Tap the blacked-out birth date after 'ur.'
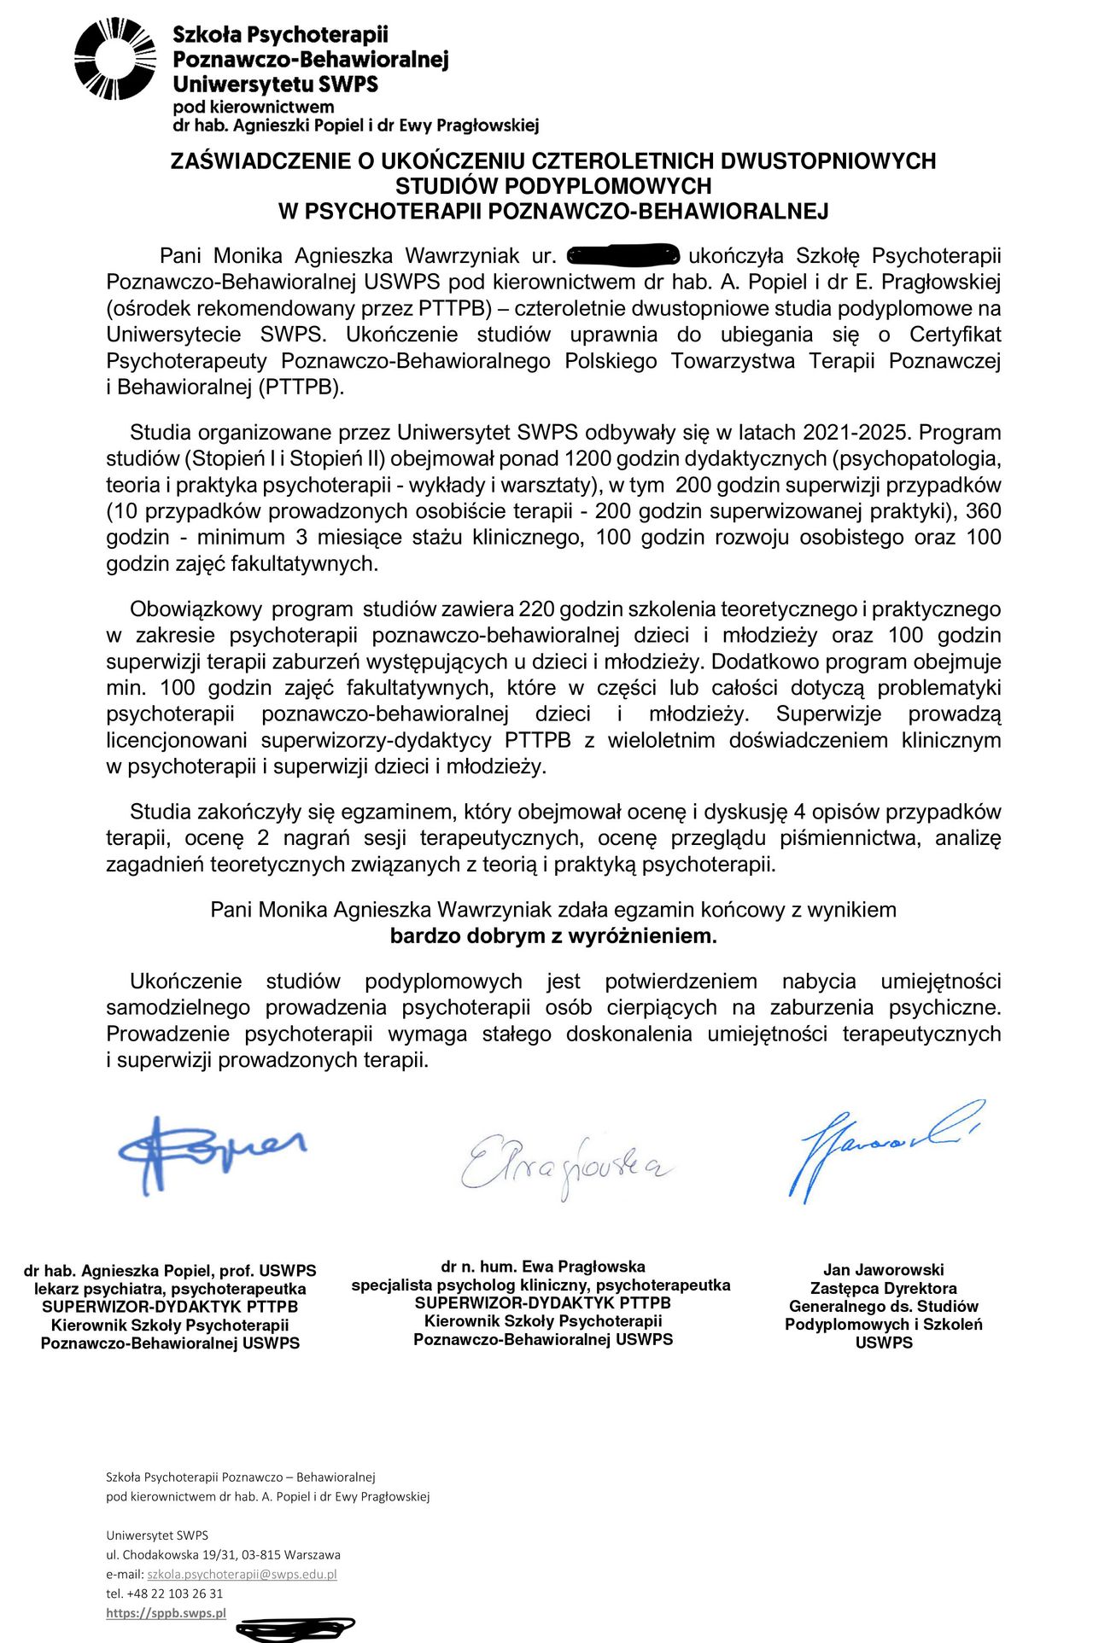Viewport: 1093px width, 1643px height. click(x=622, y=255)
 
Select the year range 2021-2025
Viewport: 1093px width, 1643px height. click(x=856, y=433)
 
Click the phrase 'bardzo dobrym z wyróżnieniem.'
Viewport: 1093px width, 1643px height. click(x=553, y=936)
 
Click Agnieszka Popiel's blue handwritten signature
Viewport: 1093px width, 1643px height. click(x=209, y=1151)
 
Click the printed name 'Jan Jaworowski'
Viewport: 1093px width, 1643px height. click(x=884, y=1270)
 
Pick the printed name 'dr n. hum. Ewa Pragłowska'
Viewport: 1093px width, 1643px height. click(x=543, y=1267)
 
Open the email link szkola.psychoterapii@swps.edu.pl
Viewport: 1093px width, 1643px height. click(x=242, y=1574)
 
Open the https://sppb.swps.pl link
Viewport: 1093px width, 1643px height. click(x=167, y=1613)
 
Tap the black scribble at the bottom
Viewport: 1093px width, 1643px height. click(x=295, y=1628)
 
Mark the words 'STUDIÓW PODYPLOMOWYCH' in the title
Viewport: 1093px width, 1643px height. click(x=553, y=186)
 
